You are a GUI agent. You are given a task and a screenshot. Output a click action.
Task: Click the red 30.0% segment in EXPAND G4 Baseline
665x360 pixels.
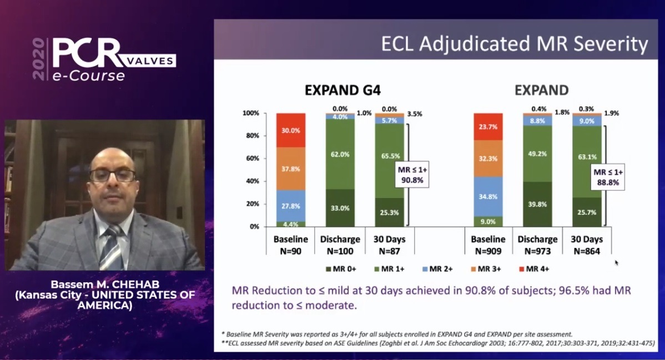coord(290,130)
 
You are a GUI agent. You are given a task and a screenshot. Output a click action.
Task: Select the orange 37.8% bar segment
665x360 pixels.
coord(290,169)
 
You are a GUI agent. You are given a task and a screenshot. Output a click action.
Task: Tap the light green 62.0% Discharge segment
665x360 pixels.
coord(340,154)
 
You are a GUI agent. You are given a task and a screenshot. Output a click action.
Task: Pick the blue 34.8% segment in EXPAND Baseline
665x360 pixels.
coord(488,196)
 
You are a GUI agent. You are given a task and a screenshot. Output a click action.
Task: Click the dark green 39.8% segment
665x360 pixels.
coord(537,204)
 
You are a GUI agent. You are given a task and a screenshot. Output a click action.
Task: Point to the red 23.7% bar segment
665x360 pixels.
coord(488,126)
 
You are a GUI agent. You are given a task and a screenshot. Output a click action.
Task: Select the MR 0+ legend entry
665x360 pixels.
coord(341,269)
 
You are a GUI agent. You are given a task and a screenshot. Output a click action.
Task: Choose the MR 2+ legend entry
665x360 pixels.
coord(437,269)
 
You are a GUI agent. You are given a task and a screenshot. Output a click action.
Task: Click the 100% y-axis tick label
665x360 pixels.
coord(251,113)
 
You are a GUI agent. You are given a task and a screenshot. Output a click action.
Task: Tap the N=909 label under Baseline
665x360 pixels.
coord(488,251)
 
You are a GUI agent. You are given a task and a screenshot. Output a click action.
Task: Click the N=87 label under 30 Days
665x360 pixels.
coord(389,251)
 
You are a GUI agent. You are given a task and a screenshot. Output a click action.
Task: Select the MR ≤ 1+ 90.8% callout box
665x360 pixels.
coord(411,175)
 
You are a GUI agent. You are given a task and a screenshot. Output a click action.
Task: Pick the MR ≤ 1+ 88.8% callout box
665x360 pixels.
coord(608,177)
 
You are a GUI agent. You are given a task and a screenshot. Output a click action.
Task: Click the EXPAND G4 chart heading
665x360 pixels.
coord(342,90)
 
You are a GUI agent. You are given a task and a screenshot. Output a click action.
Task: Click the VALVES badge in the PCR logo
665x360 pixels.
coord(150,60)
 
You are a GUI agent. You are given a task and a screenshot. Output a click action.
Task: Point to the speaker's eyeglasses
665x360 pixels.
coord(112,175)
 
